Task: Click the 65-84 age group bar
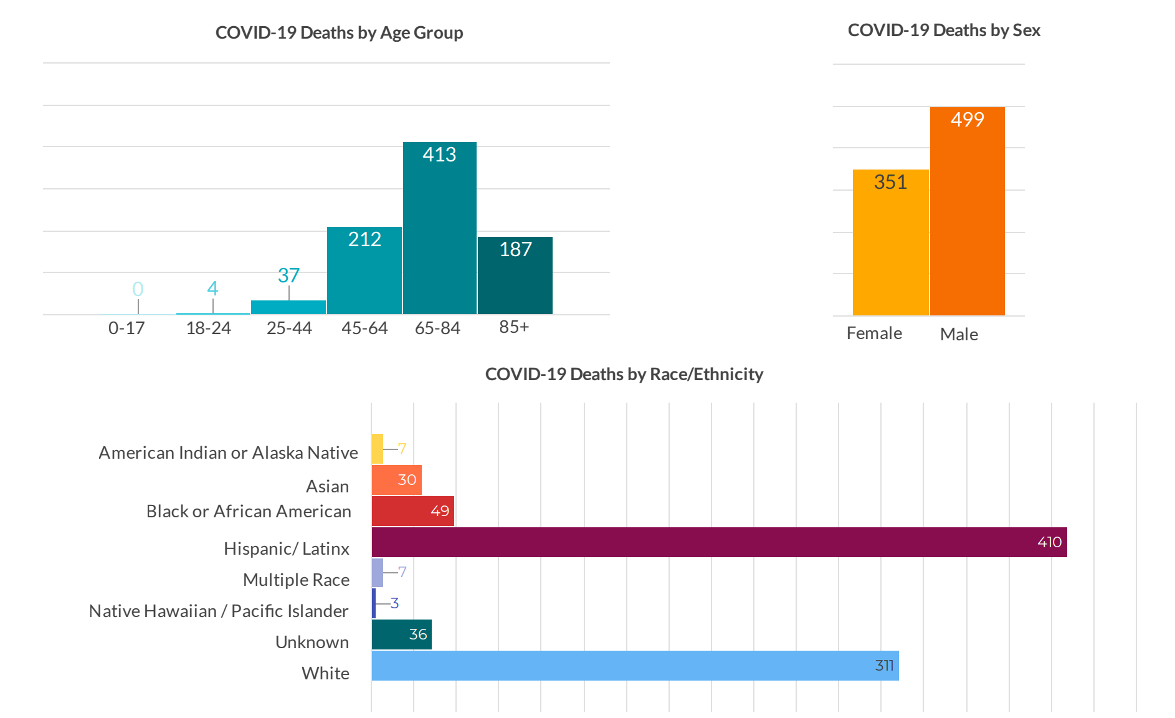click(439, 231)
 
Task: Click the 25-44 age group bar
click(288, 307)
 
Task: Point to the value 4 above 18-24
click(212, 289)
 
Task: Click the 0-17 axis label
click(126, 328)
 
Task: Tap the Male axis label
click(959, 334)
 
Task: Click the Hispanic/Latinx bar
click(716, 542)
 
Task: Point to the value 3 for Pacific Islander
click(394, 603)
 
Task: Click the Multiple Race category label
click(296, 580)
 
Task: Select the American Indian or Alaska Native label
click(228, 452)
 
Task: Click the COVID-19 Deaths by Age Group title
click(339, 32)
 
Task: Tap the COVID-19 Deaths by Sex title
click(944, 30)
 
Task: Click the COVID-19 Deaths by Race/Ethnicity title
click(624, 374)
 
